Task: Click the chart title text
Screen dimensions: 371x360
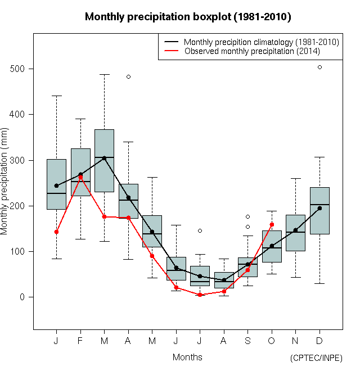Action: [x=188, y=17]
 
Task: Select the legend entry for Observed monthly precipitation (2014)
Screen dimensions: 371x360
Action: [x=252, y=51]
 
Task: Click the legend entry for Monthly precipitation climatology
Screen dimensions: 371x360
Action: [x=261, y=42]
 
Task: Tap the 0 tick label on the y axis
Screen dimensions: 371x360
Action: [x=23, y=297]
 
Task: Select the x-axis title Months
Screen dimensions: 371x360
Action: [x=187, y=357]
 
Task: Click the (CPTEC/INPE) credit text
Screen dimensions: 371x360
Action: [x=316, y=358]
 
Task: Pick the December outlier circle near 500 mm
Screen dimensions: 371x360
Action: [x=319, y=67]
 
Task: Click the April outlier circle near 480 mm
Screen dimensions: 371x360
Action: [x=128, y=76]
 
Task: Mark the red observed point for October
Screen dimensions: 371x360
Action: [x=272, y=224]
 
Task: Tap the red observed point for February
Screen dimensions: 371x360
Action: [x=80, y=178]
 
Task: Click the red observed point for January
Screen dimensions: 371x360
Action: [x=56, y=232]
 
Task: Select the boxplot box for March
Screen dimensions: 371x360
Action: [x=104, y=160]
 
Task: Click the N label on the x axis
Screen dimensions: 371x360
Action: [x=296, y=341]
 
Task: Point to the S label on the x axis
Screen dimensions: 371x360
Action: [x=248, y=341]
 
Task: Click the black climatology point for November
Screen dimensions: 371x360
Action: [x=296, y=230]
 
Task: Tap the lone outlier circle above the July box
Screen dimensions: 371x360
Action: [x=200, y=230]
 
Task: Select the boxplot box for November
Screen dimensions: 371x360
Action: [x=296, y=233]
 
